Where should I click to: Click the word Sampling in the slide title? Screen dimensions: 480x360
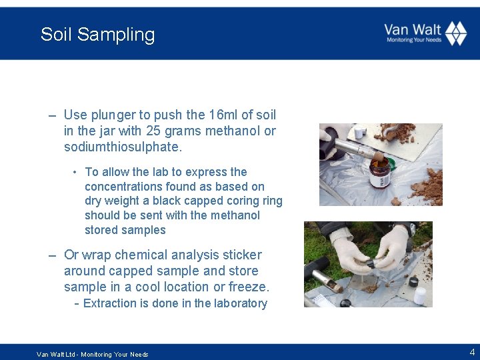click(116, 35)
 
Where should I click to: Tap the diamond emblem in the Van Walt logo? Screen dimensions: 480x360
click(456, 33)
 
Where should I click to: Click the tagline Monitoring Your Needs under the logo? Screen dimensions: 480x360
click(414, 40)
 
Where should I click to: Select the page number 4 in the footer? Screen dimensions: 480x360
click(473, 351)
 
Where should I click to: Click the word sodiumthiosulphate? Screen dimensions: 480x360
click(123, 147)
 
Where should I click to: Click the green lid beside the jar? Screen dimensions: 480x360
click(391, 164)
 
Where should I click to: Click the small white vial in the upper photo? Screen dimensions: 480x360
click(360, 132)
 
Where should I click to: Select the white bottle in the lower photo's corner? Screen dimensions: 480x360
click(420, 295)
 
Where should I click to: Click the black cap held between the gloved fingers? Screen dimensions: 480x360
click(373, 263)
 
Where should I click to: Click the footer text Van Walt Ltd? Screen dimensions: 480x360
click(56, 355)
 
